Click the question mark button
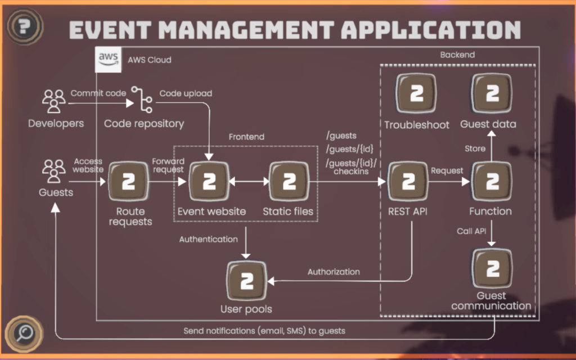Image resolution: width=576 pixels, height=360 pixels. click(23, 25)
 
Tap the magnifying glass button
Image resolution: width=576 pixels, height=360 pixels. click(24, 332)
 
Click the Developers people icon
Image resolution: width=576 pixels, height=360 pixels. click(54, 101)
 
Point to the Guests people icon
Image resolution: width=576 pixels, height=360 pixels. click(54, 170)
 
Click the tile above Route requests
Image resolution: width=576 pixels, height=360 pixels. click(128, 182)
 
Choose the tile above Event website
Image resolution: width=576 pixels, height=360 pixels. click(209, 182)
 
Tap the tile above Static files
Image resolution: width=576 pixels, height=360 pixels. click(289, 182)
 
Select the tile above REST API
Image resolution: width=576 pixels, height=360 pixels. click(409, 182)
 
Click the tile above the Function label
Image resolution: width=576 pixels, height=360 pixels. click(492, 182)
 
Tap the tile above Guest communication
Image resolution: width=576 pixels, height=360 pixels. click(492, 268)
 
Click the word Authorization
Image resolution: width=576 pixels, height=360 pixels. click(334, 272)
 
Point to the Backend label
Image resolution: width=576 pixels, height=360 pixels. click(457, 55)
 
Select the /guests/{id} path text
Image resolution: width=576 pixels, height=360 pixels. click(349, 149)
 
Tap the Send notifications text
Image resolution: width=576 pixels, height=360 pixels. click(264, 331)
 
